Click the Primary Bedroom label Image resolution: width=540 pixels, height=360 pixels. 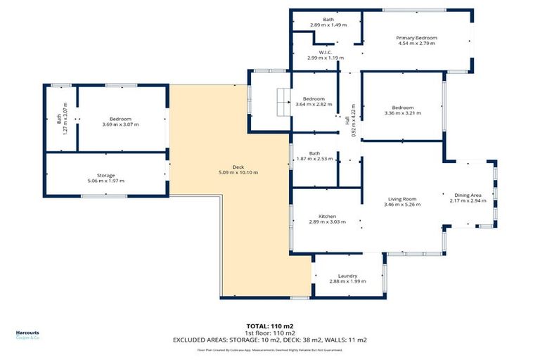click(x=416, y=37)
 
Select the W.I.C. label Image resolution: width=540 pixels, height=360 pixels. click(x=325, y=51)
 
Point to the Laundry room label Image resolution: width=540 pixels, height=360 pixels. click(x=348, y=276)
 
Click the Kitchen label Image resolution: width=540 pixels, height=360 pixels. click(x=327, y=216)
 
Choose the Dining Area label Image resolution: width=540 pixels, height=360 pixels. click(x=468, y=195)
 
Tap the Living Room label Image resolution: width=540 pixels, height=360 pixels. click(x=402, y=199)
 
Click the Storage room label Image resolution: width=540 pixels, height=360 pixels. click(x=105, y=175)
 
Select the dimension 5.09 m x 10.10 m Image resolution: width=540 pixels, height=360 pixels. click(x=238, y=173)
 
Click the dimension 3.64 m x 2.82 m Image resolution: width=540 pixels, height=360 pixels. click(x=314, y=104)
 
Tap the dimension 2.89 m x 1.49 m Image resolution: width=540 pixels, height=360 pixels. click(x=328, y=25)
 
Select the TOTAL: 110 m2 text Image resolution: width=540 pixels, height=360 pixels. click(x=270, y=326)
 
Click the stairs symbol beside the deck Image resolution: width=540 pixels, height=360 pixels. click(x=283, y=103)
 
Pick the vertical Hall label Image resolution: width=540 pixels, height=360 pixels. click(x=347, y=121)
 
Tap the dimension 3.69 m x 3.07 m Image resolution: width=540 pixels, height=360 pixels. click(x=121, y=124)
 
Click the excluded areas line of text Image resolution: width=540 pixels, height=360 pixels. click(x=270, y=340)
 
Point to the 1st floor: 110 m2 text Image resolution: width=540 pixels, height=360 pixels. click(x=270, y=333)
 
